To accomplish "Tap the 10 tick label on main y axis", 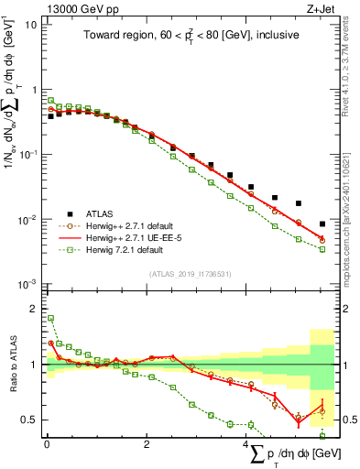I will [30, 25].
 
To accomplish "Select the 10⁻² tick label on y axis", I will [27, 220].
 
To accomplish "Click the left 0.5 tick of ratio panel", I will [32, 420].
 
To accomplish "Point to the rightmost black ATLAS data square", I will [322, 224].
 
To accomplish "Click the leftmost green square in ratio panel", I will [50, 319].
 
